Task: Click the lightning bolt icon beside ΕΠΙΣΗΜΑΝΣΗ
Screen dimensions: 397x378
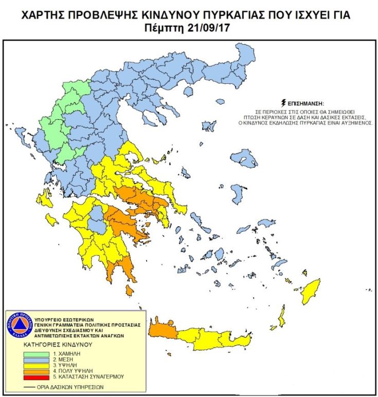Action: pyautogui.click(x=282, y=103)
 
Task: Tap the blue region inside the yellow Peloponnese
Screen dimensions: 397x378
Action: pyautogui.click(x=96, y=220)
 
